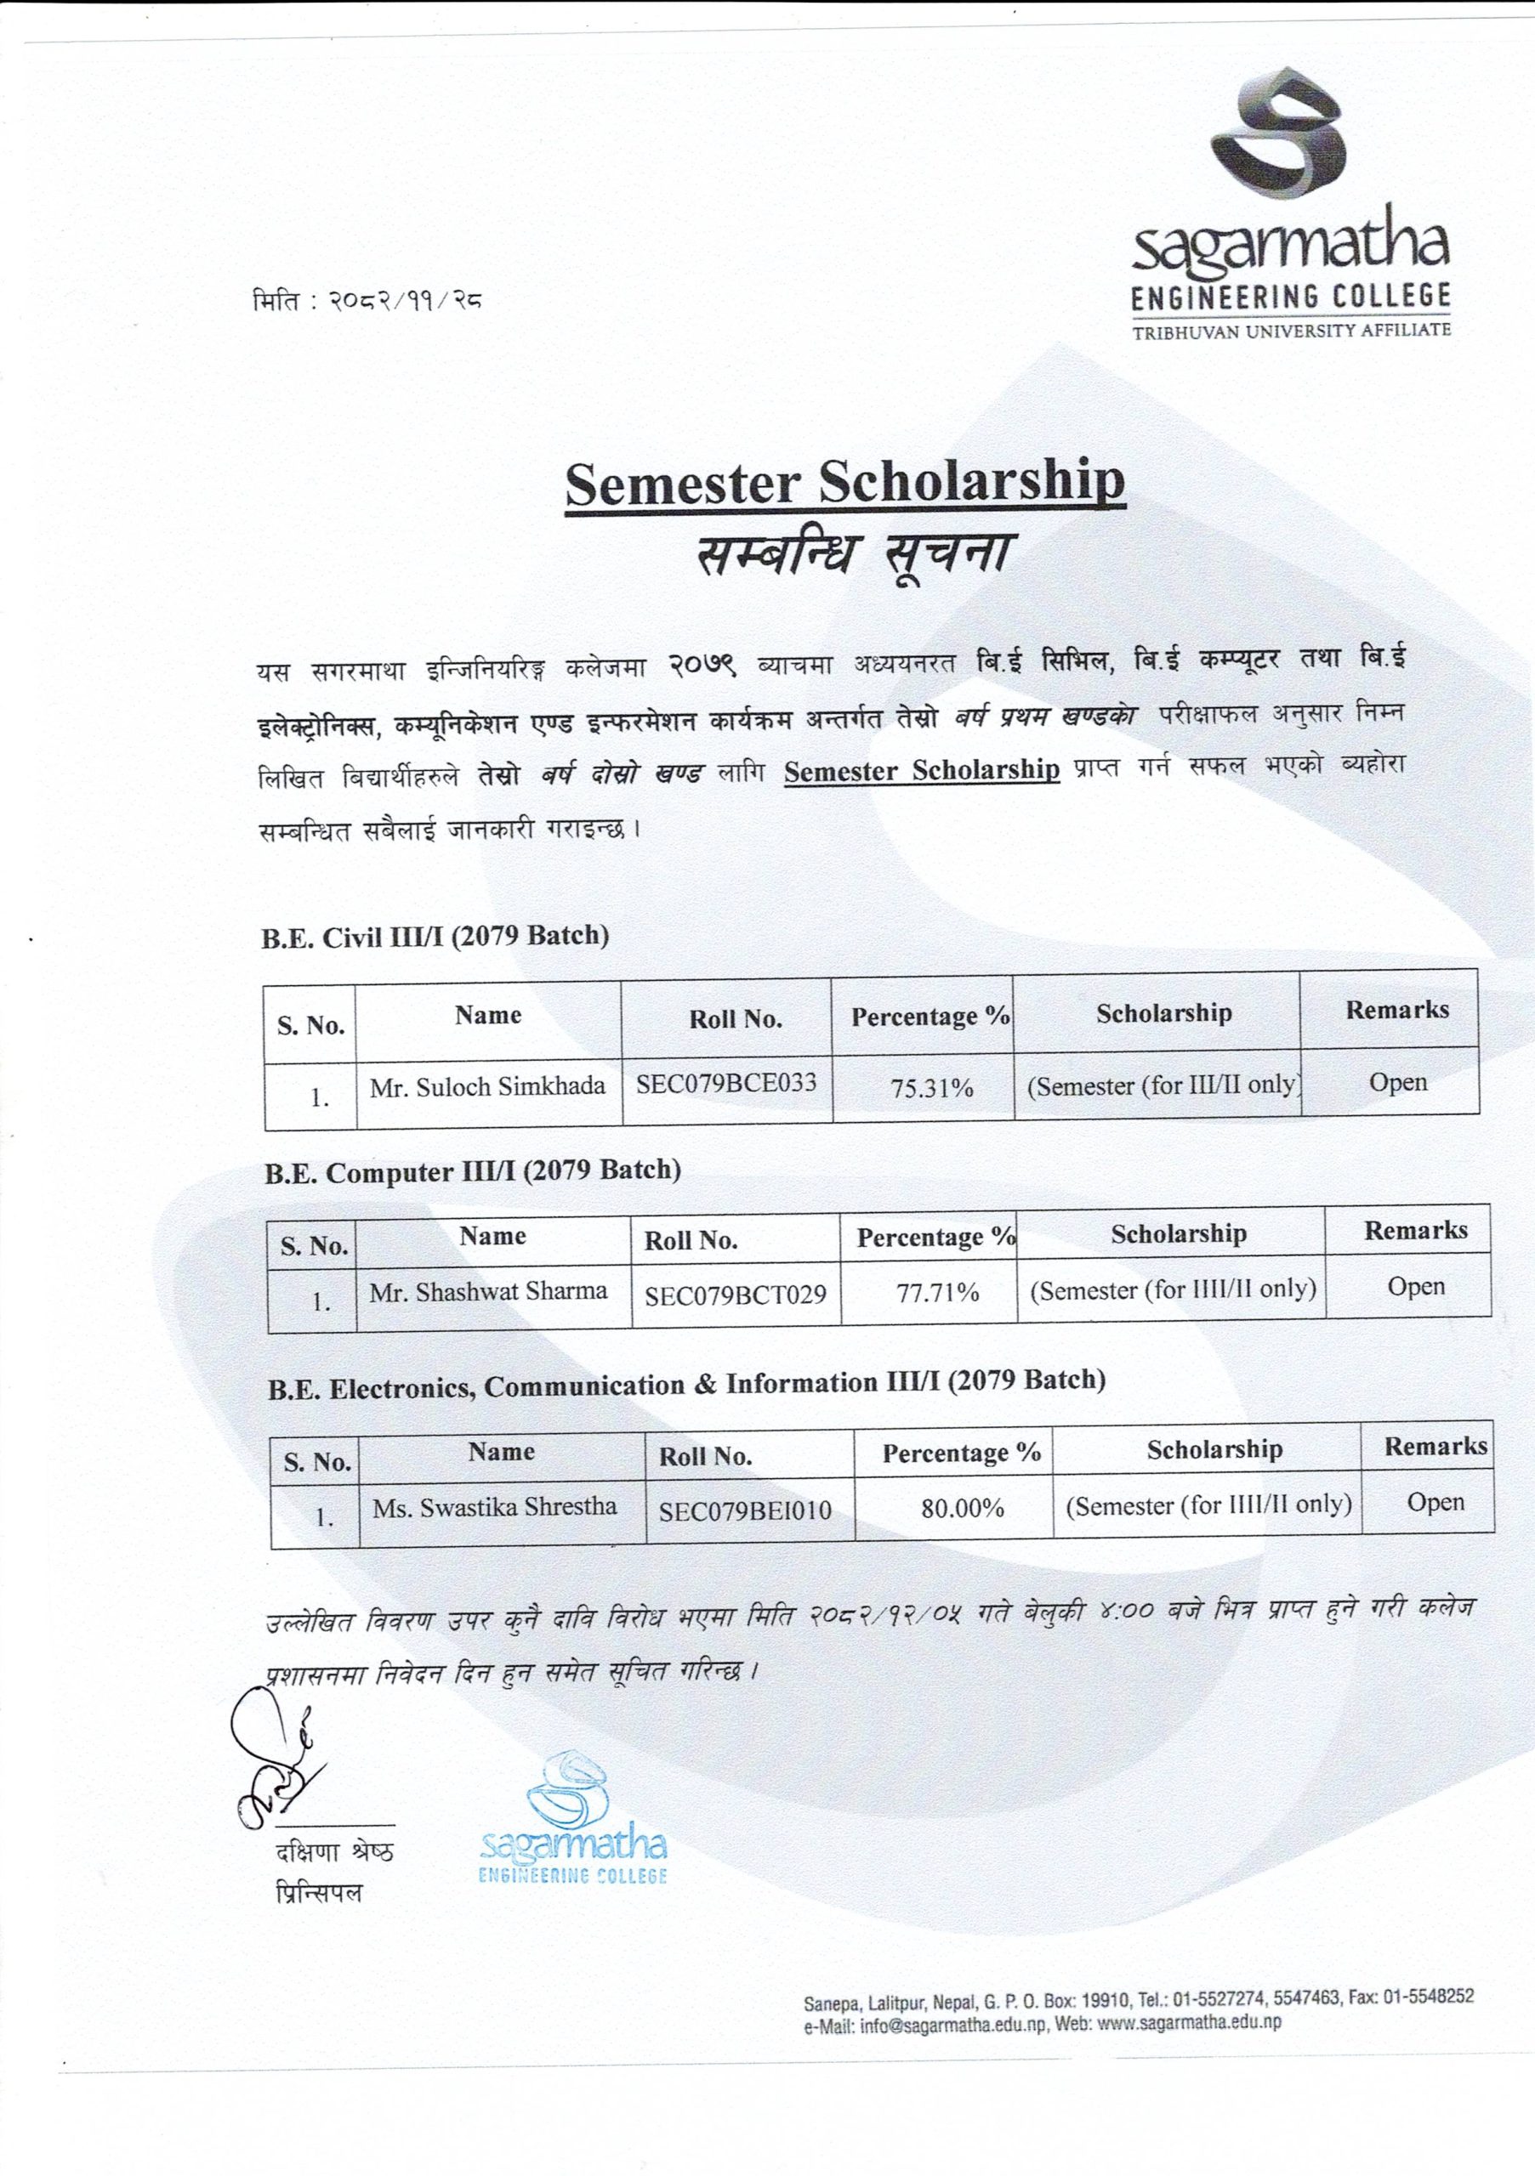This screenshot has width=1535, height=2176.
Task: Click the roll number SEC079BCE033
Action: pos(725,1083)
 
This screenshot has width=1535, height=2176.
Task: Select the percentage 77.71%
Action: pos(937,1293)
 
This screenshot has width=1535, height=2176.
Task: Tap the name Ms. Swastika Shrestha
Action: pos(494,1507)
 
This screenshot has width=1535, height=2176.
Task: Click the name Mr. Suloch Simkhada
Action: pos(487,1086)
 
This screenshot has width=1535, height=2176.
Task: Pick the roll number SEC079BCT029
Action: pos(735,1295)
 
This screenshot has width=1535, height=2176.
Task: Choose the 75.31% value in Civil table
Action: pos(931,1088)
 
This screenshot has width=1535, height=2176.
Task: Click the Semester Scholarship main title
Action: pos(844,484)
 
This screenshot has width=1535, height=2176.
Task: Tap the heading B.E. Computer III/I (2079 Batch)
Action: pos(472,1171)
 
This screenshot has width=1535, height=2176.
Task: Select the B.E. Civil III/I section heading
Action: pos(435,937)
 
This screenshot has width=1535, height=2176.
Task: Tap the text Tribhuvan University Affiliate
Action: pos(1290,331)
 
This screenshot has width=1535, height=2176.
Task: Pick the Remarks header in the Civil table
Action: pos(1396,1011)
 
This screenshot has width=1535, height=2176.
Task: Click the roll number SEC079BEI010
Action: pos(744,1510)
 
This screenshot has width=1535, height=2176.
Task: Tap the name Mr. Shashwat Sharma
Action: pos(488,1291)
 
